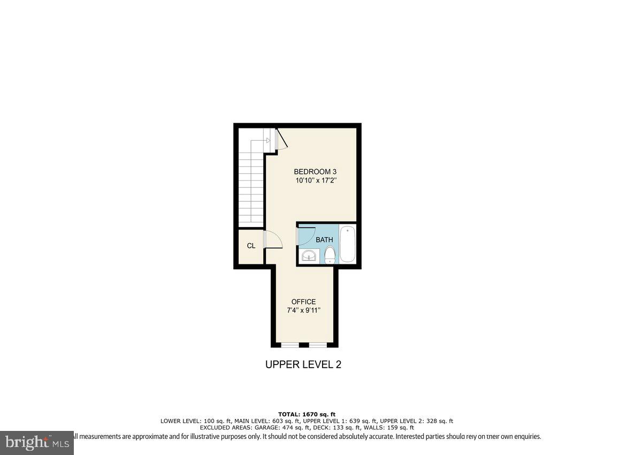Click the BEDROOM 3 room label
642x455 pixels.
pos(315,171)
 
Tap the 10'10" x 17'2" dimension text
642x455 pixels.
pos(315,181)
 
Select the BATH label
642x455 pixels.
pos(324,240)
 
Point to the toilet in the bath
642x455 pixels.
pos(330,254)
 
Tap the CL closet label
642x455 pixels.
pos(251,246)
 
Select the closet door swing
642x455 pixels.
pos(274,240)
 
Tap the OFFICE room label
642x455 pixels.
pos(303,302)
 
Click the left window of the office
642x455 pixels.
pos(290,345)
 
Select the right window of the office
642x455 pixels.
pos(318,345)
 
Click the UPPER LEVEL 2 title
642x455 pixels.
pos(303,365)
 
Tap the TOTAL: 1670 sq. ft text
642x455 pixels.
pos(307,414)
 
